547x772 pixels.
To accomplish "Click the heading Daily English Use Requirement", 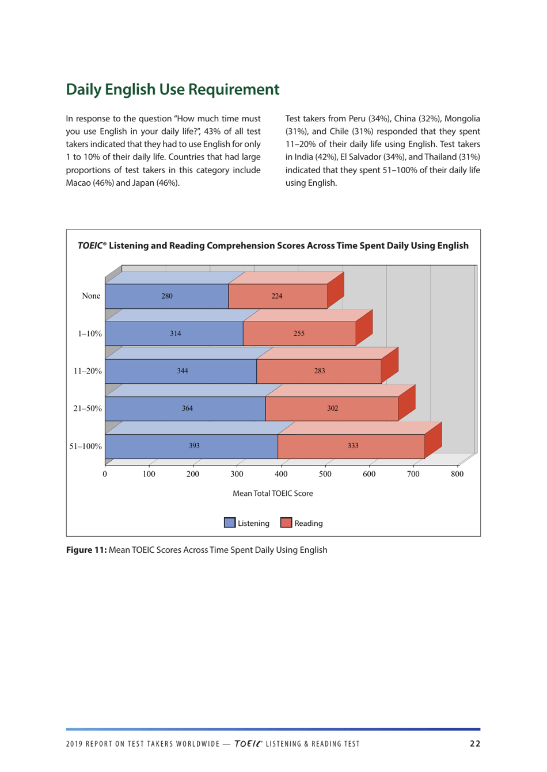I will point(172,89).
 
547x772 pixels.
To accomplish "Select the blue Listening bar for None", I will point(166,296).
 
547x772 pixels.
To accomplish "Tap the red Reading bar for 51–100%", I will point(352,446).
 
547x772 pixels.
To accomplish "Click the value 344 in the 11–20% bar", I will point(182,371).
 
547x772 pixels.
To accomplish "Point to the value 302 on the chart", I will point(332,408).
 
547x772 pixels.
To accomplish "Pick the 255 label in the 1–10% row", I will point(298,334).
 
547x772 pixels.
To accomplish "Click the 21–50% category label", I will point(87,408).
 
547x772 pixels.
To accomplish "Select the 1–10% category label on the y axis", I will point(89,334).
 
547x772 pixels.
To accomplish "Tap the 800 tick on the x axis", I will point(457,474).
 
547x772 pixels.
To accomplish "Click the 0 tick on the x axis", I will point(105,474).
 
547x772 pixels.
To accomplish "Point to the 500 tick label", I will point(325,474).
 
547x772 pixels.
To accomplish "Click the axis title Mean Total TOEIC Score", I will point(272,494).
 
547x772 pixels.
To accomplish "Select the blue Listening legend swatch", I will point(230,523).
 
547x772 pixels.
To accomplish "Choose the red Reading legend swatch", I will point(286,523).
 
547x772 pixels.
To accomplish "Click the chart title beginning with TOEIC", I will point(273,246).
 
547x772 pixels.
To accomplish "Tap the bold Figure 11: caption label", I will point(86,550).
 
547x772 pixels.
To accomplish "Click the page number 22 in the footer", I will point(474,744).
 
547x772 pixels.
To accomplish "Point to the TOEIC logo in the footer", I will point(248,744).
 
